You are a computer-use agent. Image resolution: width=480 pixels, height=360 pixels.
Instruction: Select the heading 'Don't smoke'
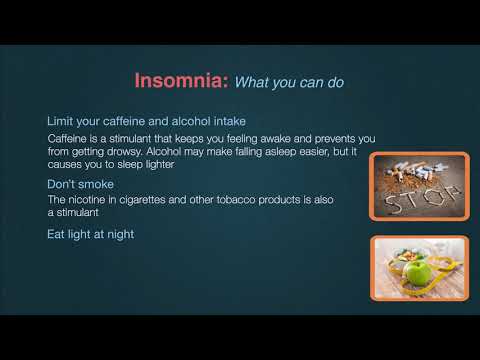[x=79, y=185]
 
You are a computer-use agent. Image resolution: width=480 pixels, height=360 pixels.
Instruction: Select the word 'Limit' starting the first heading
[x=61, y=121]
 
